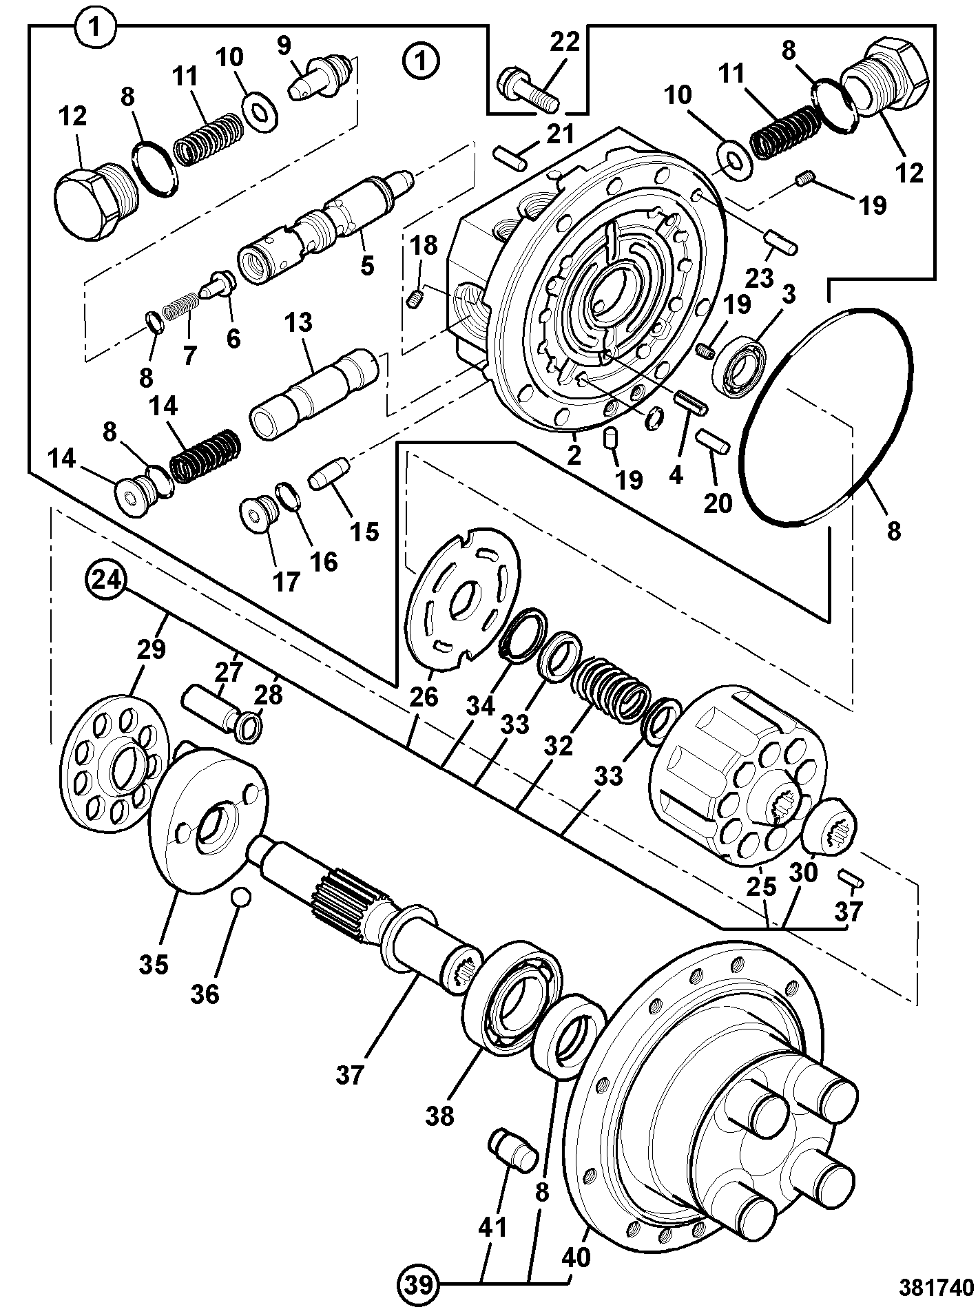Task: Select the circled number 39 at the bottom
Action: pos(419,1284)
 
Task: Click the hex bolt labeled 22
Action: pos(529,87)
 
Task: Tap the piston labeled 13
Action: pos(313,395)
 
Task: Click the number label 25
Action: pos(760,888)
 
